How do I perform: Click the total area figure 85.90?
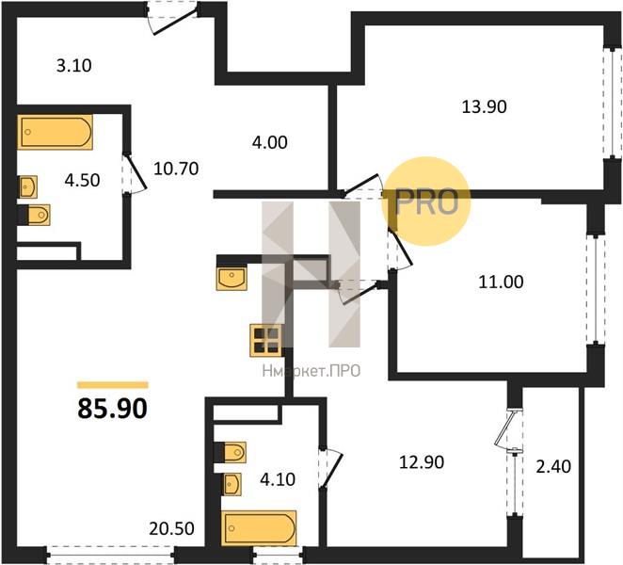pos(112,409)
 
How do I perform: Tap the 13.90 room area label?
pos(484,107)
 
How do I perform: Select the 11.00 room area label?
pos(501,282)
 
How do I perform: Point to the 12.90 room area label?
pos(422,462)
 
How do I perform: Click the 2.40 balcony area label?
pos(553,466)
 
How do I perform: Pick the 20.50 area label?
pos(171,528)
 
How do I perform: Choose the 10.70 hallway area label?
pos(176,169)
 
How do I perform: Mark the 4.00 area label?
pos(270,142)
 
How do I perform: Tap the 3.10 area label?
pos(74,65)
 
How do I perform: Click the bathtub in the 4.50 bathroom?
pos(56,132)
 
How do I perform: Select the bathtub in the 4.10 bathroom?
pos(259,528)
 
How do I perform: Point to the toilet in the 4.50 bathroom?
pos(34,215)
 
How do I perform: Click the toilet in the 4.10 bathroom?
pos(230,453)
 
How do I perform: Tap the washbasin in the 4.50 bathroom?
pos(28,186)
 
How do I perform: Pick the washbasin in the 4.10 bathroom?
pos(232,485)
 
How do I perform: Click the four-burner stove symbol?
pos(265,340)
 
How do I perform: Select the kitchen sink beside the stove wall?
pos(232,279)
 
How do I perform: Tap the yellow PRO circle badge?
pos(426,202)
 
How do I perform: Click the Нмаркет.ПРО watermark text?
pos(311,371)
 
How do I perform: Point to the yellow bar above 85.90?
pos(113,385)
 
